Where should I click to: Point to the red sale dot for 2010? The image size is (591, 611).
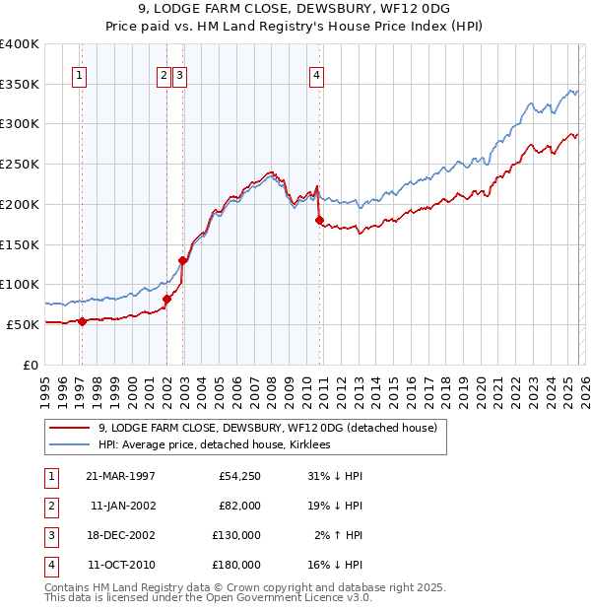click(319, 221)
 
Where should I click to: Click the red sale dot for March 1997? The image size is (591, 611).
click(83, 320)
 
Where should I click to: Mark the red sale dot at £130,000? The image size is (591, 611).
click(182, 260)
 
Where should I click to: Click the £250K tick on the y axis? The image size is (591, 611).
click(21, 165)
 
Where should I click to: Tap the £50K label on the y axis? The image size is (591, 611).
click(24, 324)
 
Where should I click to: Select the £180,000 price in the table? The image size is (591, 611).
click(237, 565)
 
